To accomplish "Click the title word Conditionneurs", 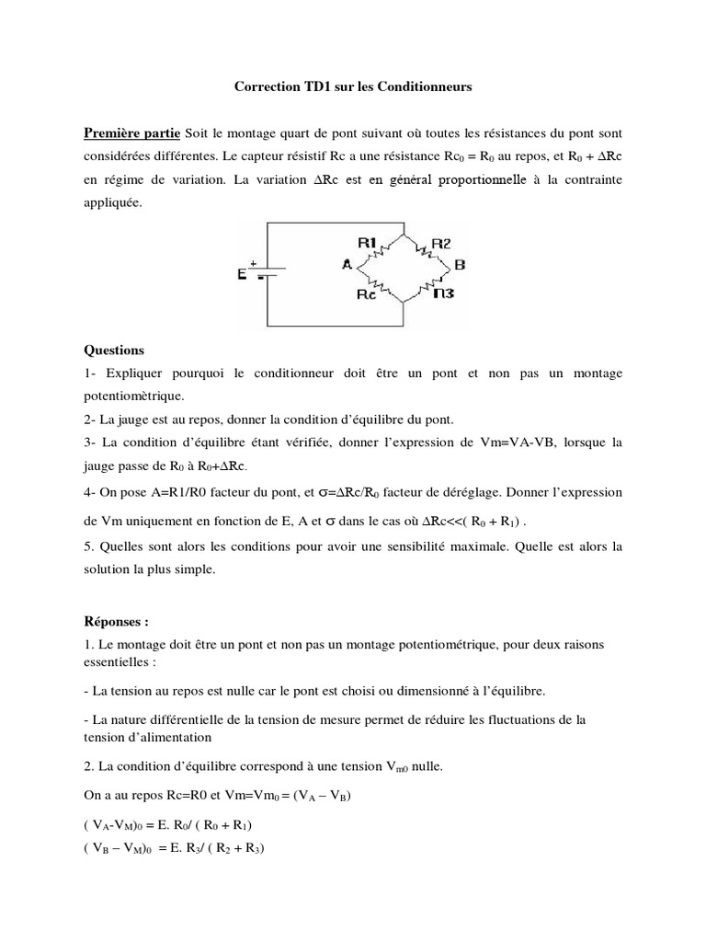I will pos(423,87).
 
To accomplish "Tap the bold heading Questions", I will pos(114,350).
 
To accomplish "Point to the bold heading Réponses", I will pos(116,622).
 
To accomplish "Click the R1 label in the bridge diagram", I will pos(368,242).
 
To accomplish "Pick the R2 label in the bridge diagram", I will pos(442,243).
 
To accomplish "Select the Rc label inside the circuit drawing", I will pos(367,295).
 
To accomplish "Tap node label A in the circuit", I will pos(347,264).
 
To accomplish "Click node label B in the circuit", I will pos(460,265).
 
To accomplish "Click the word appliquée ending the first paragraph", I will pos(113,205).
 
